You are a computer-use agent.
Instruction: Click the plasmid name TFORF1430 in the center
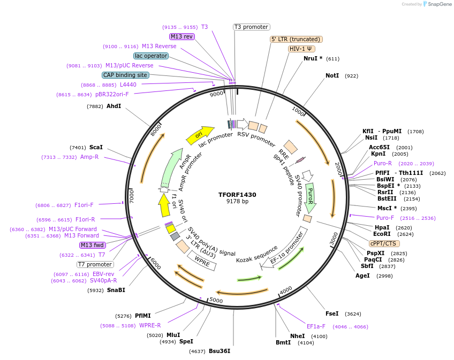(x=237, y=195)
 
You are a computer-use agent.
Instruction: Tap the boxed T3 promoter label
(x=251, y=27)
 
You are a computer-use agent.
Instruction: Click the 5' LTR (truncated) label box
(x=296, y=39)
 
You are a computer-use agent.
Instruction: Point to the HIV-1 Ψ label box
(x=301, y=49)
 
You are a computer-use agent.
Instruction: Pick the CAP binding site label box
(x=125, y=75)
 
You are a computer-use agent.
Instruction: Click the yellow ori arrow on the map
(x=200, y=136)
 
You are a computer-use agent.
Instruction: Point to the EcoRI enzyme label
(x=382, y=234)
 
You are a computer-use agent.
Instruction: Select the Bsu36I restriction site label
(x=219, y=351)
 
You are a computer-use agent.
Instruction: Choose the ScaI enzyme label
(x=96, y=148)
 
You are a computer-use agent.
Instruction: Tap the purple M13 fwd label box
(x=92, y=245)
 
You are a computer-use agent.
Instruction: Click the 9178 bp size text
(x=237, y=202)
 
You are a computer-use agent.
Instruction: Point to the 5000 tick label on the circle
(x=216, y=300)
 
